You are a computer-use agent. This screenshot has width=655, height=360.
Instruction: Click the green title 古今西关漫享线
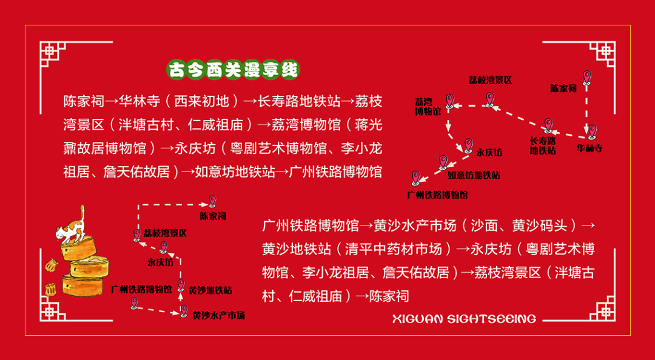[233, 69]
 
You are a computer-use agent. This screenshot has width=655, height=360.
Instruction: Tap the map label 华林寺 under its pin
[589, 148]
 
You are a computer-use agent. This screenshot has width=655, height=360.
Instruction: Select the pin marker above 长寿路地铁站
[549, 125]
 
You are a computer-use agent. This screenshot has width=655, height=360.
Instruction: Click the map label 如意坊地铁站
[474, 176]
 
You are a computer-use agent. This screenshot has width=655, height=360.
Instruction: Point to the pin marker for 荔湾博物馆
[450, 100]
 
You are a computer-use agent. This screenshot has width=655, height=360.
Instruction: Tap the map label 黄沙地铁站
[210, 291]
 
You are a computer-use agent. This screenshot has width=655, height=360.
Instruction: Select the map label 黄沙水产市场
[219, 316]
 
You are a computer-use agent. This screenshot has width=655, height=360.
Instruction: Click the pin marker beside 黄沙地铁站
[181, 285]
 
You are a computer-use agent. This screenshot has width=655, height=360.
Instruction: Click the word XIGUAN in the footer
[417, 319]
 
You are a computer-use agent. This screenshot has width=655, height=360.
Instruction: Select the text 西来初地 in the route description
[204, 100]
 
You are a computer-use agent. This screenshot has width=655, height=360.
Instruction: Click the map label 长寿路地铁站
[543, 145]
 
